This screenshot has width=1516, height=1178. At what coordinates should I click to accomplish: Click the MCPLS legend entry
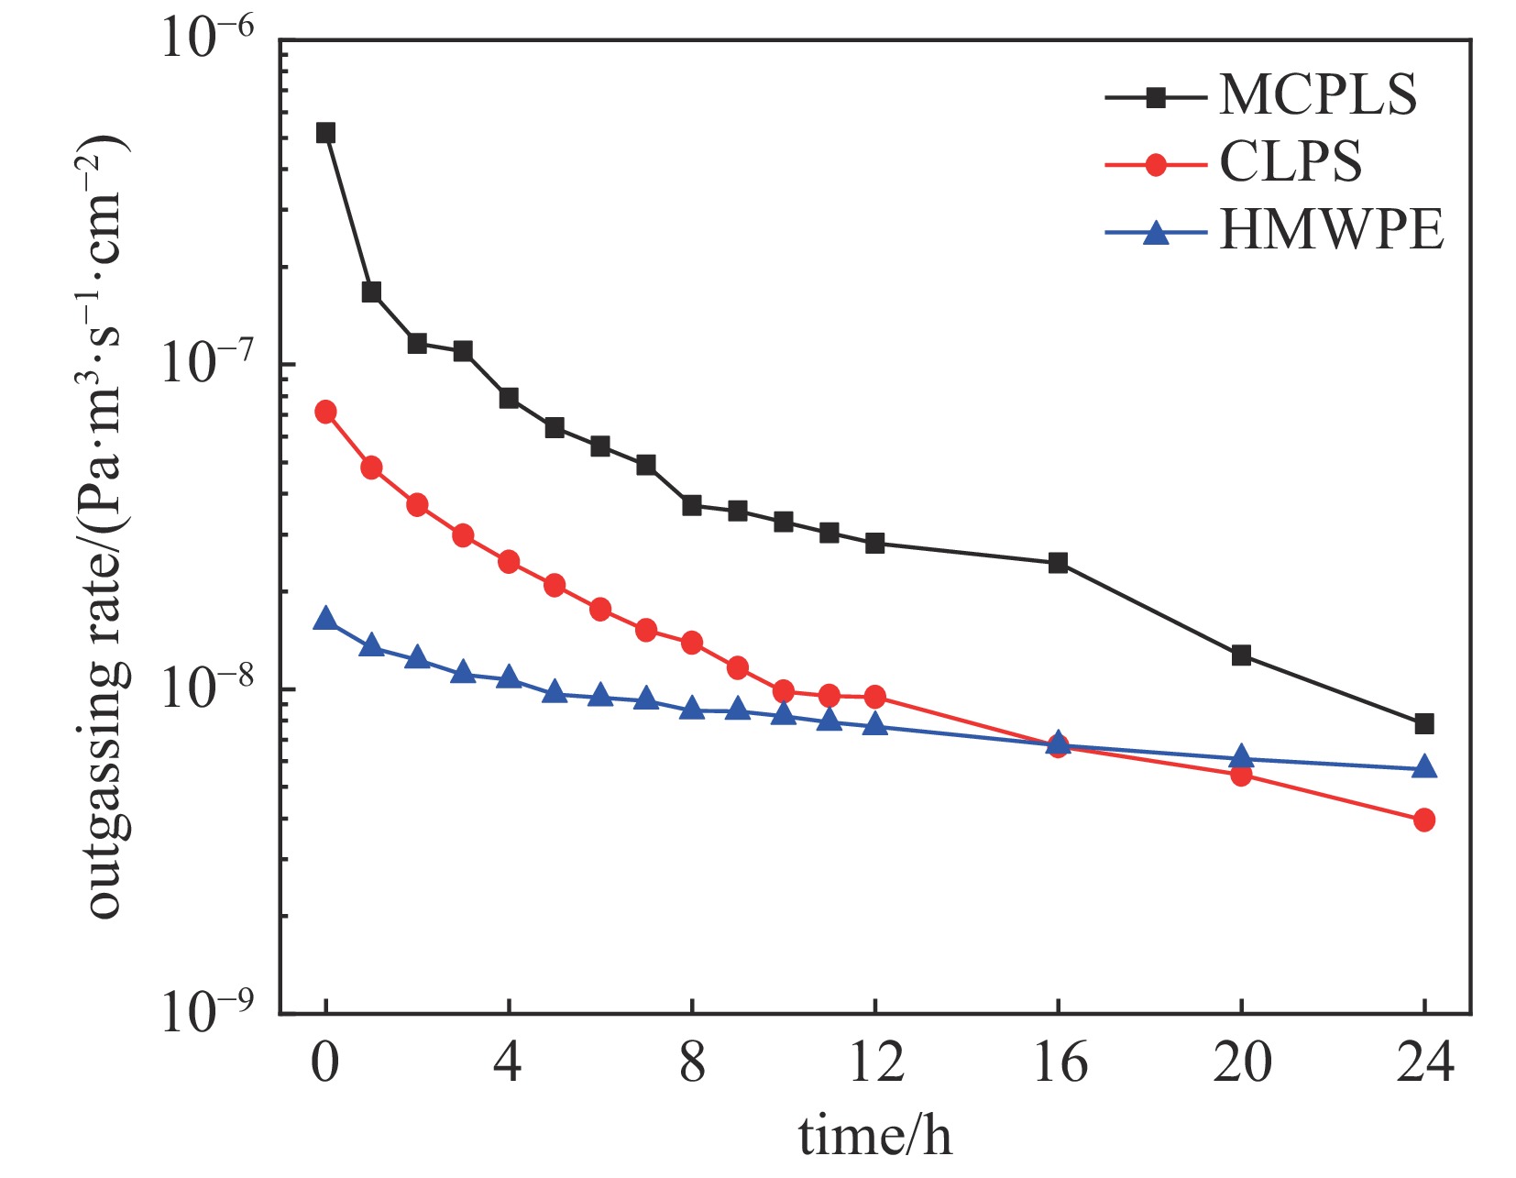point(1317,94)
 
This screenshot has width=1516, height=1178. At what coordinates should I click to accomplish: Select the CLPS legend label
point(1290,162)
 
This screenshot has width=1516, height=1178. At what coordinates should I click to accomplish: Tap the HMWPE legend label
point(1331,229)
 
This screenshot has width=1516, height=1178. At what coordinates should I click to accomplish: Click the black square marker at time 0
point(325,133)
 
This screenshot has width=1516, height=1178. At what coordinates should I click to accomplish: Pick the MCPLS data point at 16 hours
point(1058,563)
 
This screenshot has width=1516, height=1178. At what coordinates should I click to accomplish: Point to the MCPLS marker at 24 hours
point(1423,724)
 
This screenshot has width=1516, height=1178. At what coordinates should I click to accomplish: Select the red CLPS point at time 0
point(325,412)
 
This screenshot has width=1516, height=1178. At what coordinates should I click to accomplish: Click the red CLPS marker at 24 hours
point(1423,820)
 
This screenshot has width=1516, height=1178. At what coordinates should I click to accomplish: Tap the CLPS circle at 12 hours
point(874,697)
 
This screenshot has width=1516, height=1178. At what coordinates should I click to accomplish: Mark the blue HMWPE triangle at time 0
point(325,619)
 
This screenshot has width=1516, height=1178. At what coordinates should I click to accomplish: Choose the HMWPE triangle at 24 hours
point(1423,767)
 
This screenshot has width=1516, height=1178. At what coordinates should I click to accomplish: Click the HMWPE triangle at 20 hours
point(1241,756)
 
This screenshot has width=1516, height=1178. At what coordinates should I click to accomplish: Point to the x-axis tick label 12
point(875,1063)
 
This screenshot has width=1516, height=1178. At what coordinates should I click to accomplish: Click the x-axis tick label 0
point(325,1063)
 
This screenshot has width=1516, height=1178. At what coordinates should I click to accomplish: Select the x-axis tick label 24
point(1424,1063)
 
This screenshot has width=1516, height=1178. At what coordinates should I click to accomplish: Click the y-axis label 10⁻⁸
point(206,689)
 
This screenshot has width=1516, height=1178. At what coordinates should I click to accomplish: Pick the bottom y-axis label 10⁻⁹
point(206,1013)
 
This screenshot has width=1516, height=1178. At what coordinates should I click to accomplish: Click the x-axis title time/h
point(874,1137)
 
